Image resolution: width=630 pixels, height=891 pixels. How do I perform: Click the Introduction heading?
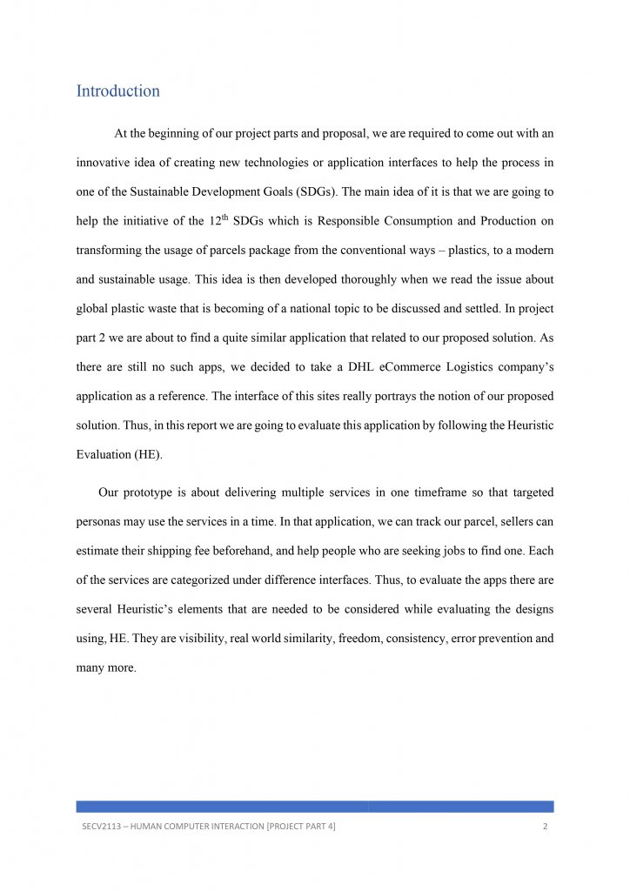tap(117, 91)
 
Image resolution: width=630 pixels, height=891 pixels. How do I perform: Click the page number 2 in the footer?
tap(545, 827)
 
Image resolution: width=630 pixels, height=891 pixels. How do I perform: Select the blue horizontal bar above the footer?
tap(314, 807)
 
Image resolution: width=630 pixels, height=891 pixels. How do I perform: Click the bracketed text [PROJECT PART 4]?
tap(292, 827)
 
